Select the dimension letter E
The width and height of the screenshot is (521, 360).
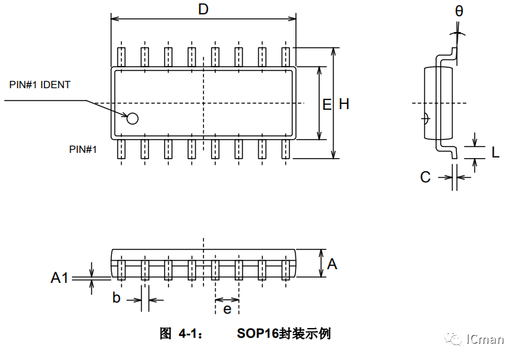click(x=328, y=103)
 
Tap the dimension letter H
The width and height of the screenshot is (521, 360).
click(x=344, y=103)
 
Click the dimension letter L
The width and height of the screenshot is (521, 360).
click(x=496, y=152)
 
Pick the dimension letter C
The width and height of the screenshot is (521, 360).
click(x=425, y=177)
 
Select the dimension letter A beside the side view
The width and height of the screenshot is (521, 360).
click(x=332, y=264)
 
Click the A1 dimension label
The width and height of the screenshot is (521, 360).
click(x=59, y=278)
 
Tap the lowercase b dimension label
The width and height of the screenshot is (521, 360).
click(x=116, y=299)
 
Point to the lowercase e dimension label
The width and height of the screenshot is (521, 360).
click(x=227, y=308)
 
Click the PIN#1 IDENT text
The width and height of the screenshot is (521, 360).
click(x=40, y=85)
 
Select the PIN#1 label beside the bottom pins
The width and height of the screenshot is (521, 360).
click(x=83, y=149)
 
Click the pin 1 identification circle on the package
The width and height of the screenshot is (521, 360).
click(x=133, y=118)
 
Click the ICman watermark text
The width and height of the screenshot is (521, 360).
click(x=485, y=339)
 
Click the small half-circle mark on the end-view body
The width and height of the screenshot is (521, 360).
click(x=425, y=118)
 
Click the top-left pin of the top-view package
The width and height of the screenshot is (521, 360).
click(x=121, y=56)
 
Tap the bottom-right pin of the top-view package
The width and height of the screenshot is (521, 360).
click(x=286, y=149)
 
